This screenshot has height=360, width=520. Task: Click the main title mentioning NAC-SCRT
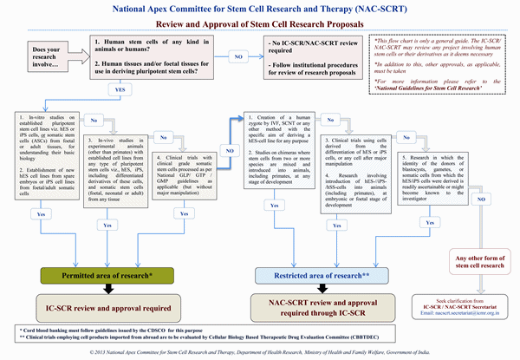(x=260, y=10)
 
